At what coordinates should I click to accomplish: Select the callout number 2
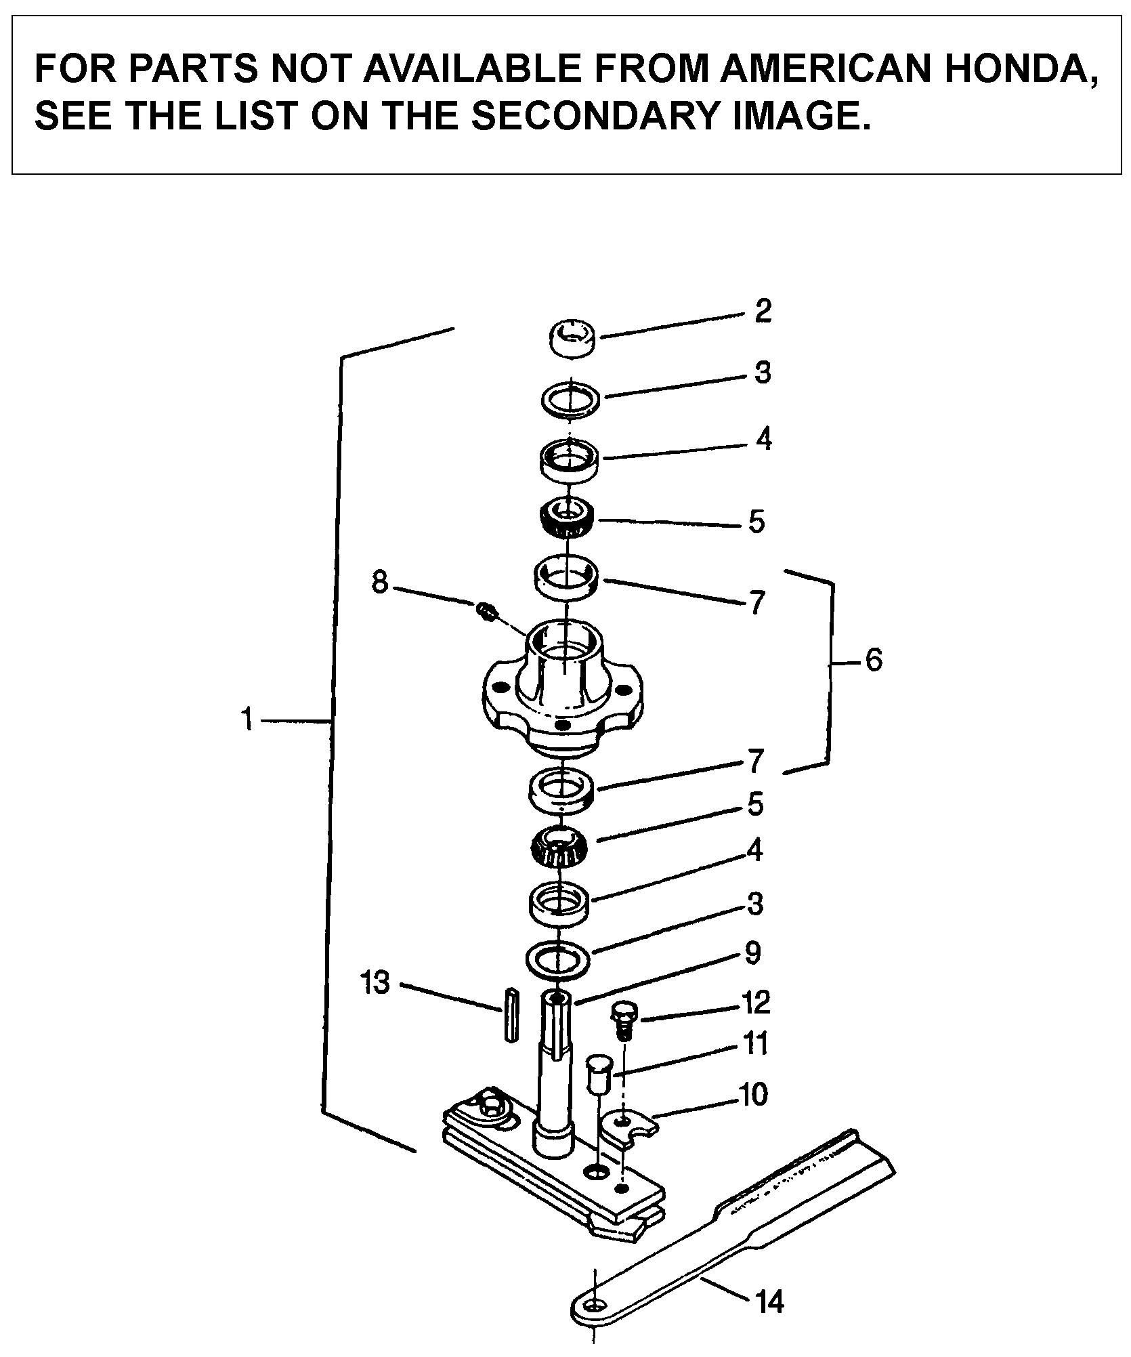(763, 311)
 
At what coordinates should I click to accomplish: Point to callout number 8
(380, 581)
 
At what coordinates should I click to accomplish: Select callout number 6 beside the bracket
(874, 659)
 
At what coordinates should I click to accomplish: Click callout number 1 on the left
(248, 719)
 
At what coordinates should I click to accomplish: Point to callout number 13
(377, 982)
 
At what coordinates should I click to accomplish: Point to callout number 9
(752, 953)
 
